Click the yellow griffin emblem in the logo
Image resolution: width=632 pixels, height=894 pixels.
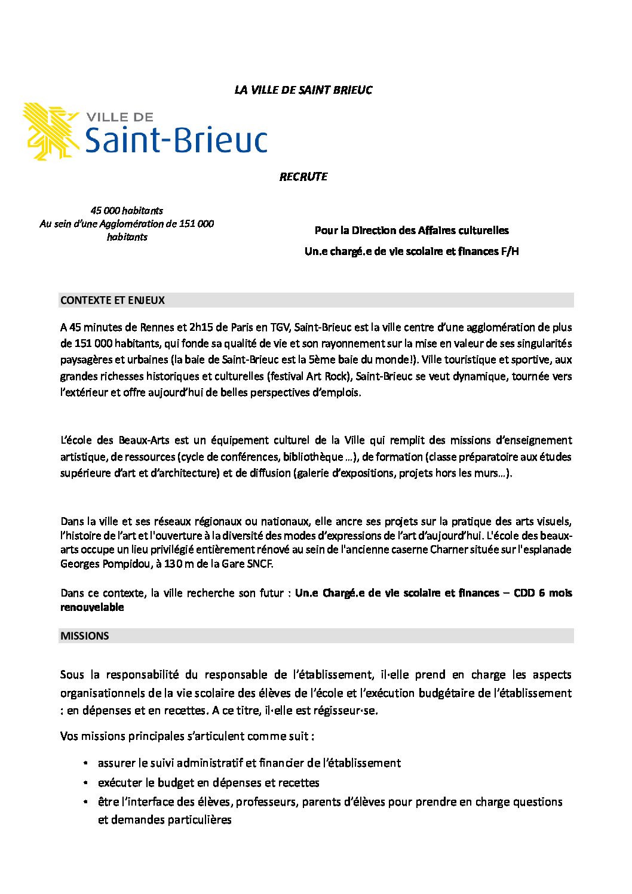pos(51,131)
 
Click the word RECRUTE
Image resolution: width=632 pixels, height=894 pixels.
pos(303,177)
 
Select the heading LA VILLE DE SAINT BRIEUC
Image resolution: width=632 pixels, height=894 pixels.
pos(303,90)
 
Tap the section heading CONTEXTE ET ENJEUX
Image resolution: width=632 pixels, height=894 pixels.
pos(112,300)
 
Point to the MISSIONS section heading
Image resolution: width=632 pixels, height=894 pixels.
pos(85,636)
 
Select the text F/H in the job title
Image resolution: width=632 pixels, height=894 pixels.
pos(510,251)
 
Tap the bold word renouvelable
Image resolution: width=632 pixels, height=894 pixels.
pos(92,607)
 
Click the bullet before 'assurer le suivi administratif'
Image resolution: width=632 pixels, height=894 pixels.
pos(87,764)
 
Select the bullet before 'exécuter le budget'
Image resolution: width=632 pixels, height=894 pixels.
pos(87,783)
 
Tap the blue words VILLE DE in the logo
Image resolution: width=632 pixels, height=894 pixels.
pos(120,117)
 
